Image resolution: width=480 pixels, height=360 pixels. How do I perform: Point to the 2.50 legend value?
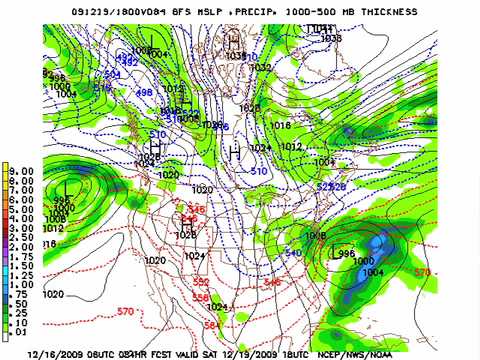(x=22, y=237)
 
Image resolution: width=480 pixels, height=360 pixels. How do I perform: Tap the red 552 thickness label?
(x=202, y=282)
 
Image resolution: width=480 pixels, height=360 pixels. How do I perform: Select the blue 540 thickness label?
(x=293, y=253)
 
